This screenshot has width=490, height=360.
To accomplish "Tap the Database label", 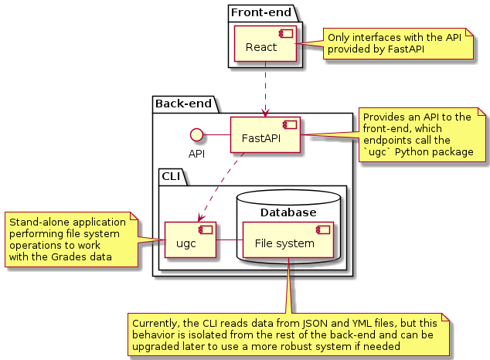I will [288, 212].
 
